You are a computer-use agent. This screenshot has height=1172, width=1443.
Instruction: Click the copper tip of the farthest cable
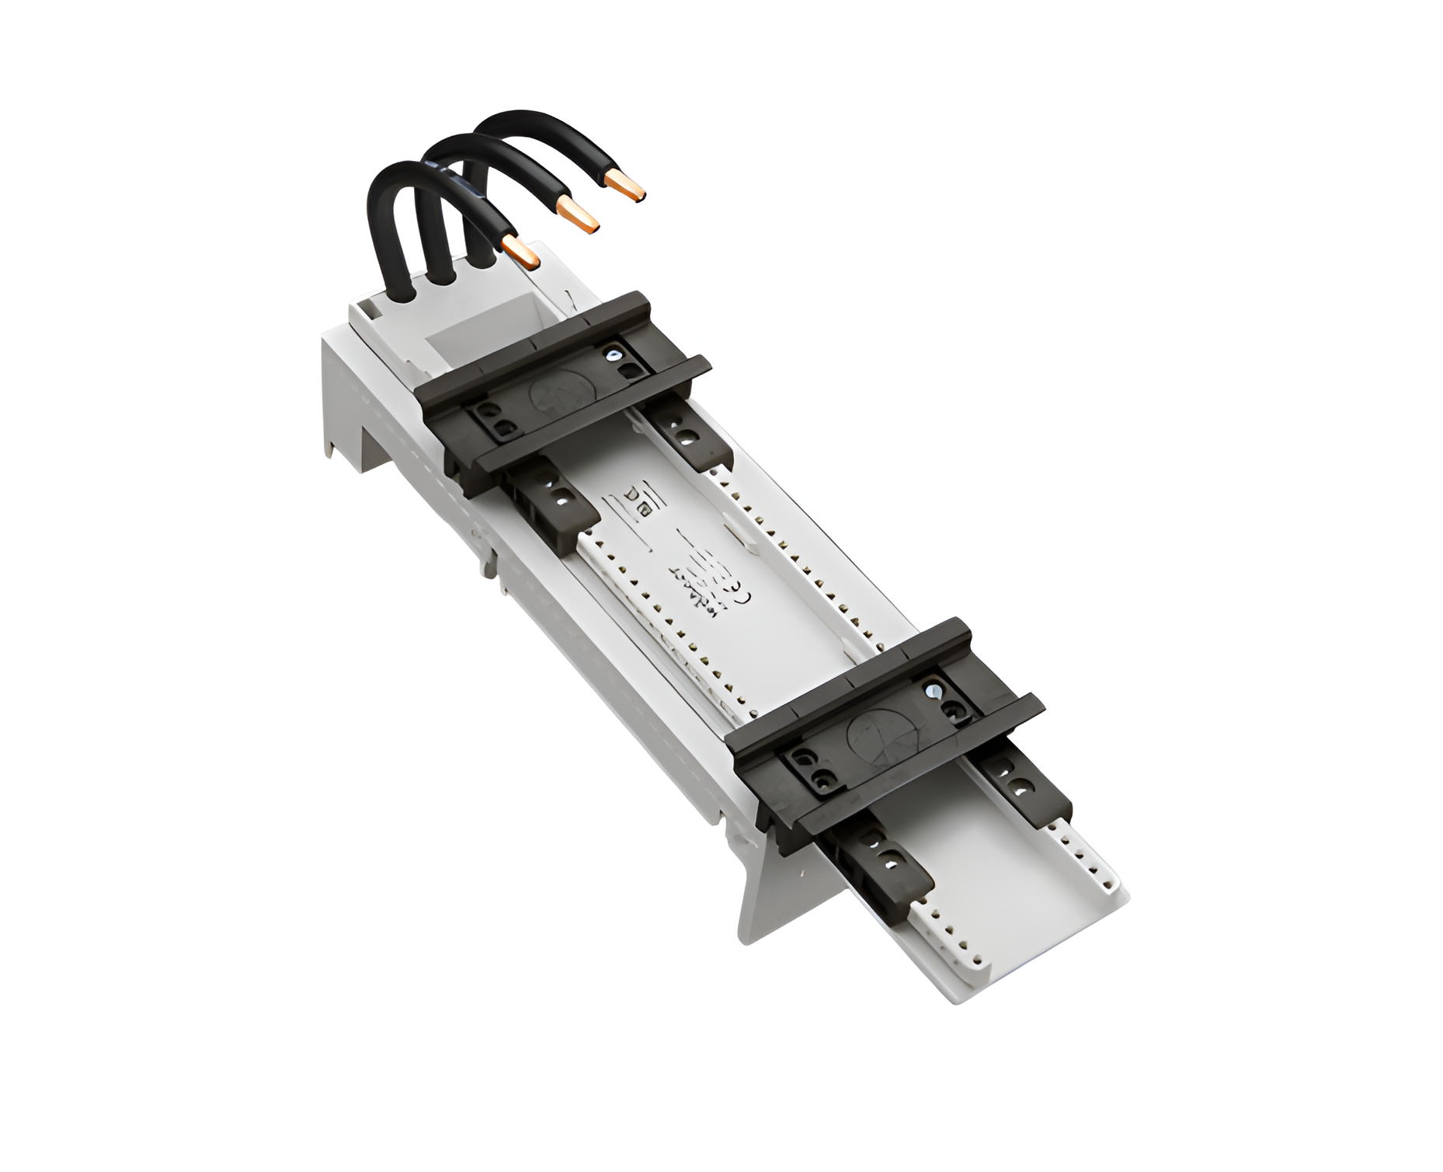pyautogui.click(x=626, y=186)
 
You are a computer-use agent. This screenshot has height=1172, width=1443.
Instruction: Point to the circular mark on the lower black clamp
pyautogui.click(x=873, y=734)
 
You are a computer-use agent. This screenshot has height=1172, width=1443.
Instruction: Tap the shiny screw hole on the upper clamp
pyautogui.click(x=614, y=356)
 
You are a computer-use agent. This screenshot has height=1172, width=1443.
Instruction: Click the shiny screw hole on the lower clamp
pyautogui.click(x=933, y=690)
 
